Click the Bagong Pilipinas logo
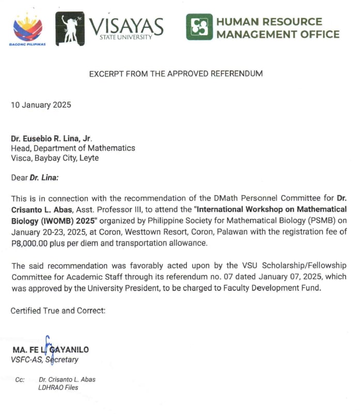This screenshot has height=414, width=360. click(x=27, y=28)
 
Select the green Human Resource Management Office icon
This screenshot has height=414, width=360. click(x=199, y=27)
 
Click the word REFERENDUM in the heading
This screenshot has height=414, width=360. click(x=237, y=74)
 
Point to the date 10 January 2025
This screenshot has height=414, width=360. click(x=41, y=105)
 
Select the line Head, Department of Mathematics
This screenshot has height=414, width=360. click(x=73, y=148)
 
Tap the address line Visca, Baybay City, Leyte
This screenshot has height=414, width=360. click(x=55, y=158)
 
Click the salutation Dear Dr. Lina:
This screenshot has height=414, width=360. click(x=35, y=178)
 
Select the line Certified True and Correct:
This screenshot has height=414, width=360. click(x=58, y=311)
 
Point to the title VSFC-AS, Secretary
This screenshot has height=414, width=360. click(x=45, y=360)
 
